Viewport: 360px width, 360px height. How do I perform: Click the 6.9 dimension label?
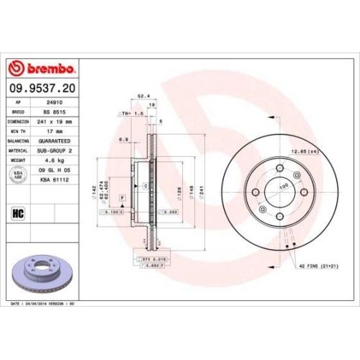click(x=123, y=138)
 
